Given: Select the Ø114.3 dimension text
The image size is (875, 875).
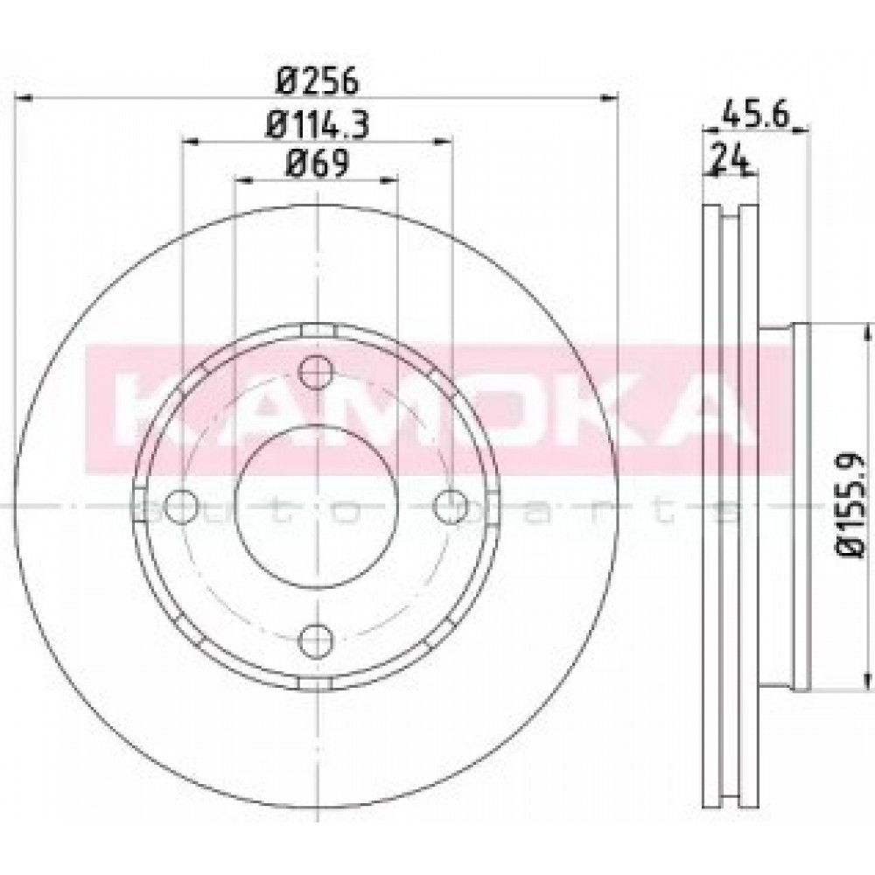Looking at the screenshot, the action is (318, 124).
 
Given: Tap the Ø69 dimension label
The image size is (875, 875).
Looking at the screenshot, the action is (317, 164).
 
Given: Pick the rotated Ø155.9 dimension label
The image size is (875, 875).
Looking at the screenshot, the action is (850, 505).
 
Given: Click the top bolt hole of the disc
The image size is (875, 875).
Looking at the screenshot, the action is (317, 372).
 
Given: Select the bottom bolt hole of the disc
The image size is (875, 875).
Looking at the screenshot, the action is (316, 641).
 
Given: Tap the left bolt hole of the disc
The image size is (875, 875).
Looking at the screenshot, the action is (182, 506).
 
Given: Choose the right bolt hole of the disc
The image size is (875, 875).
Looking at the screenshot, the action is (451, 506).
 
